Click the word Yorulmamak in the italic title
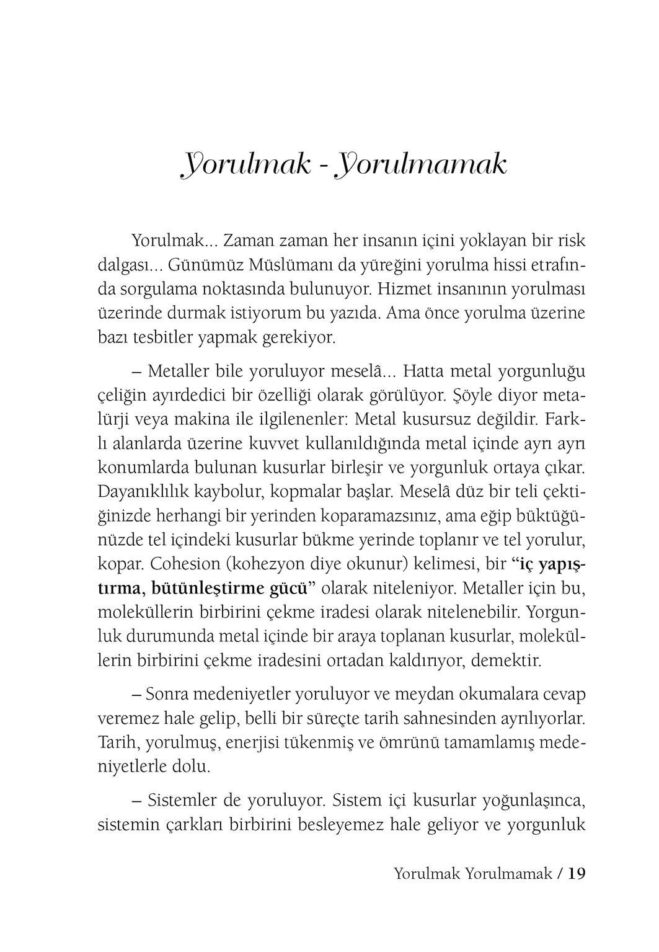(x=422, y=165)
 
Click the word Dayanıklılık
(x=147, y=492)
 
